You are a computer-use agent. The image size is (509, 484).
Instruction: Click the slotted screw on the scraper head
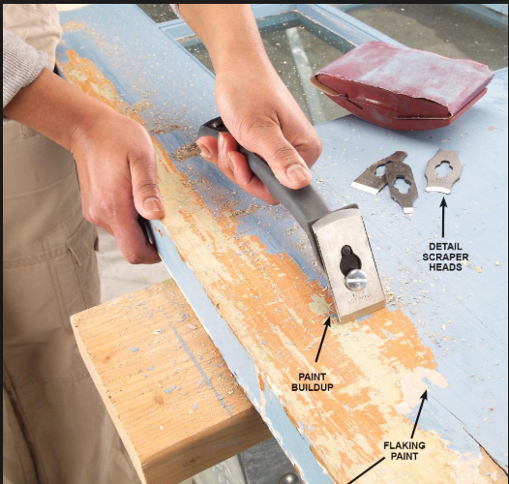[x=355, y=280]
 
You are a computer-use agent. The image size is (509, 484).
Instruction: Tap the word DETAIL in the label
[x=445, y=247]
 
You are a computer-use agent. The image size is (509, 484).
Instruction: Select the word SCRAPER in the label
[x=445, y=257]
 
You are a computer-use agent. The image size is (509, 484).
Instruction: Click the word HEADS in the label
[x=445, y=267]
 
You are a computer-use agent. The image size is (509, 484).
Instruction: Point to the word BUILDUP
[x=312, y=387]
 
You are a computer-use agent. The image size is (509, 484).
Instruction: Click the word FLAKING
[x=404, y=445]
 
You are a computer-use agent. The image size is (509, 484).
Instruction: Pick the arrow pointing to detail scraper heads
[x=443, y=217]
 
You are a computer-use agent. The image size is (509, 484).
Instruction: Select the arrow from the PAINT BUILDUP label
[x=323, y=339]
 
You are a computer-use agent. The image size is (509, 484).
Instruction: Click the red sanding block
[x=401, y=86]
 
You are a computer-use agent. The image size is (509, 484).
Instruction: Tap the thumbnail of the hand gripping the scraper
[x=297, y=172]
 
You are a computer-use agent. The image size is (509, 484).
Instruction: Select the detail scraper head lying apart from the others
[x=443, y=171]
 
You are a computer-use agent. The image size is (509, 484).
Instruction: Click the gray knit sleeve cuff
[x=22, y=65]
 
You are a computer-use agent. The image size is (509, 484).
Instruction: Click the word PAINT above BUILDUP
[x=312, y=377]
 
